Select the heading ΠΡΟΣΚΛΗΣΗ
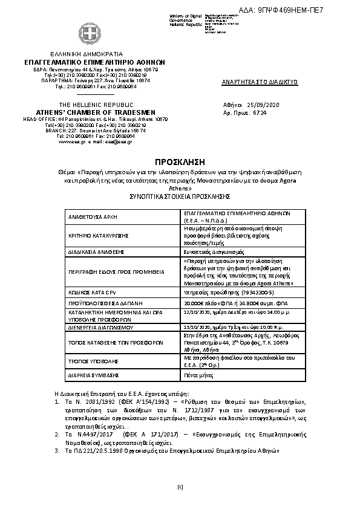[180, 163]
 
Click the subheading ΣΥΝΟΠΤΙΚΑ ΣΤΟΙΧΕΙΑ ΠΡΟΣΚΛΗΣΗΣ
[180, 196]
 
